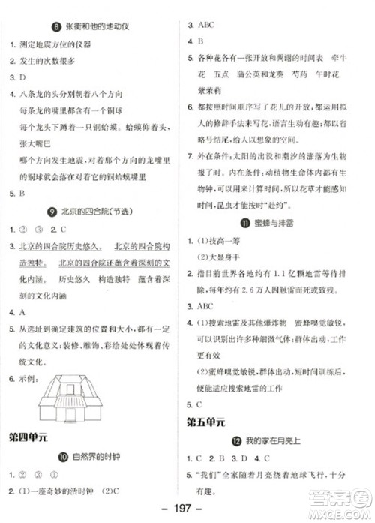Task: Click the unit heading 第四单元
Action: click(28, 437)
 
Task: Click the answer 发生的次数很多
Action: click(47, 62)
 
